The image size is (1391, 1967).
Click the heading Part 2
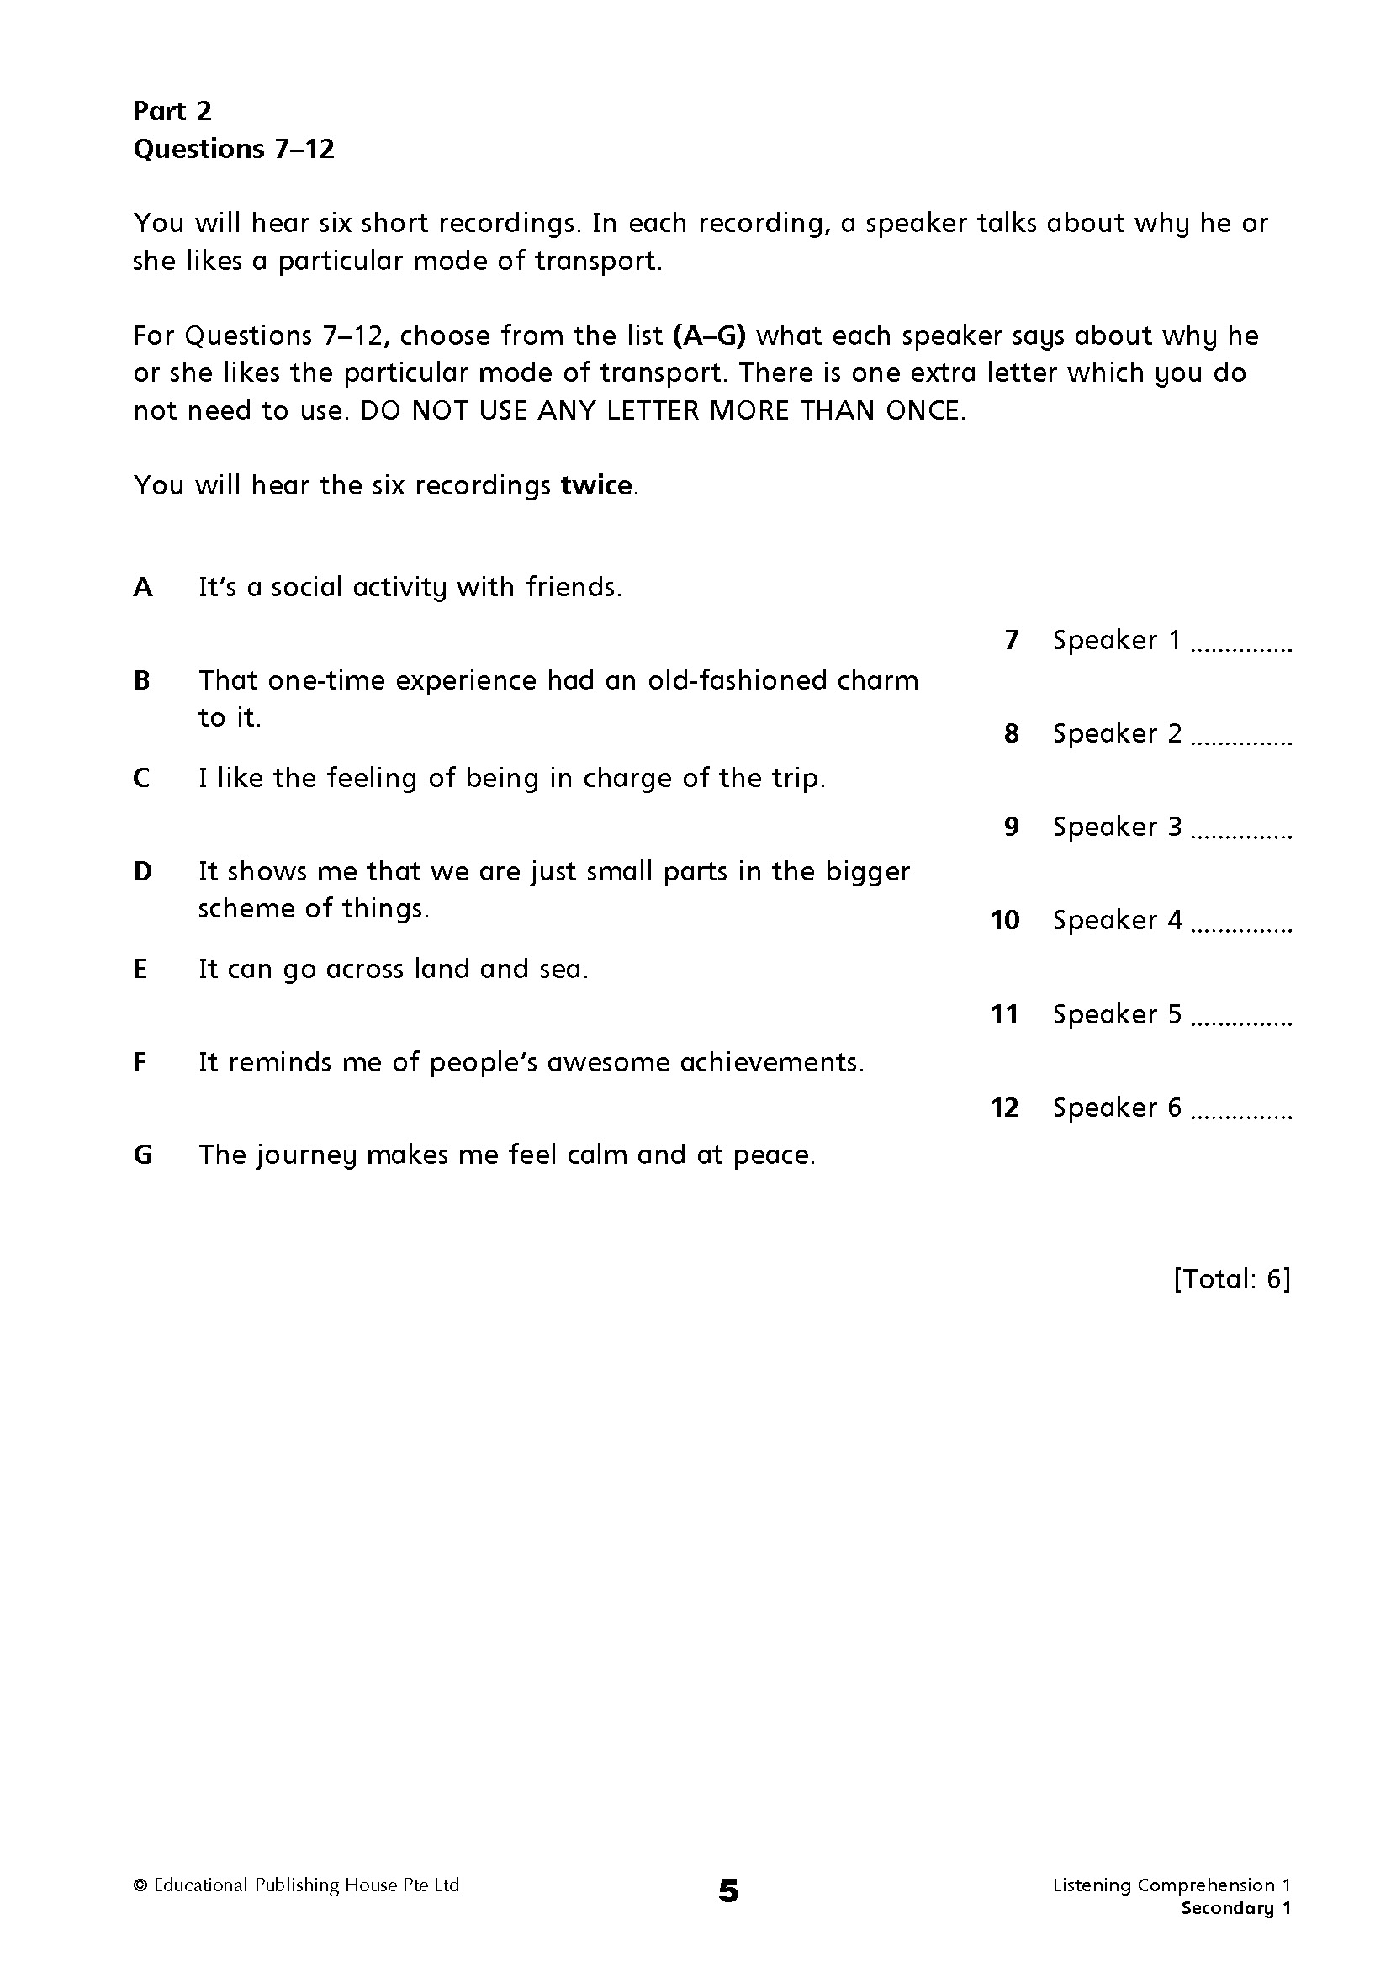pyautogui.click(x=172, y=111)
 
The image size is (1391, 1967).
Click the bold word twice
pyautogui.click(x=597, y=486)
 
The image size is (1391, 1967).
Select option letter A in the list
pyautogui.click(x=143, y=588)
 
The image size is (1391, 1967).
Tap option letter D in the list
pyautogui.click(x=143, y=872)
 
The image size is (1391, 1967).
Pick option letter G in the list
pyautogui.click(x=143, y=1155)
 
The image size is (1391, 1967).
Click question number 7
pyautogui.click(x=1012, y=641)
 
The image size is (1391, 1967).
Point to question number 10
pyautogui.click(x=1005, y=921)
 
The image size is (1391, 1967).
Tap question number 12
pyautogui.click(x=1005, y=1108)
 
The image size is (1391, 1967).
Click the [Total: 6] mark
pyautogui.click(x=1232, y=1279)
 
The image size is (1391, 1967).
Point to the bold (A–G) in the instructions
pyautogui.click(x=710, y=336)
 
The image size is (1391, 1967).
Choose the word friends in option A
pyautogui.click(x=572, y=588)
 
